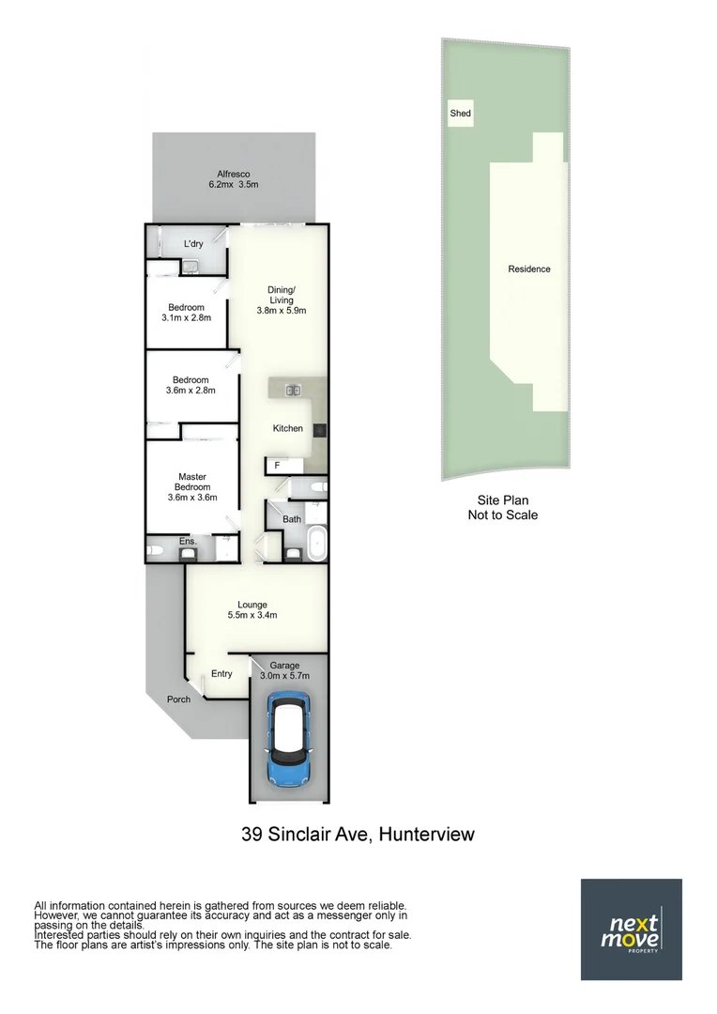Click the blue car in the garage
pos(288,740)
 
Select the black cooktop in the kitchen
pos(321,430)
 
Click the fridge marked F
pos(277,465)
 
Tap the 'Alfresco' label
pos(233,174)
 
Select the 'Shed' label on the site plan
pos(460,114)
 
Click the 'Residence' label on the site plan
pos(529,269)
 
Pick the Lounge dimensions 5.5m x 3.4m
pos(252,616)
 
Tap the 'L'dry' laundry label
pos(193,244)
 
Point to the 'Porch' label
pos(178,699)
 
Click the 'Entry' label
pos(221,673)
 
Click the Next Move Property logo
pos(631,929)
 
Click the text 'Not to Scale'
pos(503,515)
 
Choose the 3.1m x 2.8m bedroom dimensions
pos(186,317)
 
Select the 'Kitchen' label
pos(288,428)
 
